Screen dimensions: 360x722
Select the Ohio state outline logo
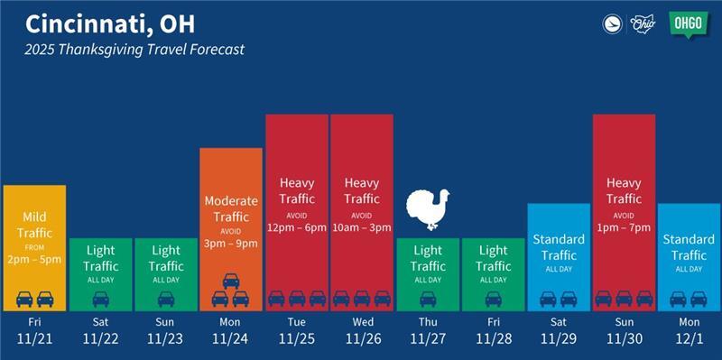(644, 24)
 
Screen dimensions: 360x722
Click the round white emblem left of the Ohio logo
(613, 24)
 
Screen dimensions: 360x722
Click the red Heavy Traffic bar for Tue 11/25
(296, 211)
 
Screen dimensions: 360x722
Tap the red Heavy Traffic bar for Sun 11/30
(624, 211)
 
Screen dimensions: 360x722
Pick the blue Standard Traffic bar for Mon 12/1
(689, 256)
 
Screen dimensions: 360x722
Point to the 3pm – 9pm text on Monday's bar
(231, 244)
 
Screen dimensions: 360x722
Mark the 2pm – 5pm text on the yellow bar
(34, 259)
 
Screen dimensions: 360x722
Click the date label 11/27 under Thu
(428, 339)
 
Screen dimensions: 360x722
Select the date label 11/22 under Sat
(100, 339)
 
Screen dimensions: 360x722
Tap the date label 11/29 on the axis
(559, 339)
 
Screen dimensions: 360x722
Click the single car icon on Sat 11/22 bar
(100, 298)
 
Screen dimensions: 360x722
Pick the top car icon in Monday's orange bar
(231, 280)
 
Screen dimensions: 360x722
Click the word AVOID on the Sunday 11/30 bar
(624, 217)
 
